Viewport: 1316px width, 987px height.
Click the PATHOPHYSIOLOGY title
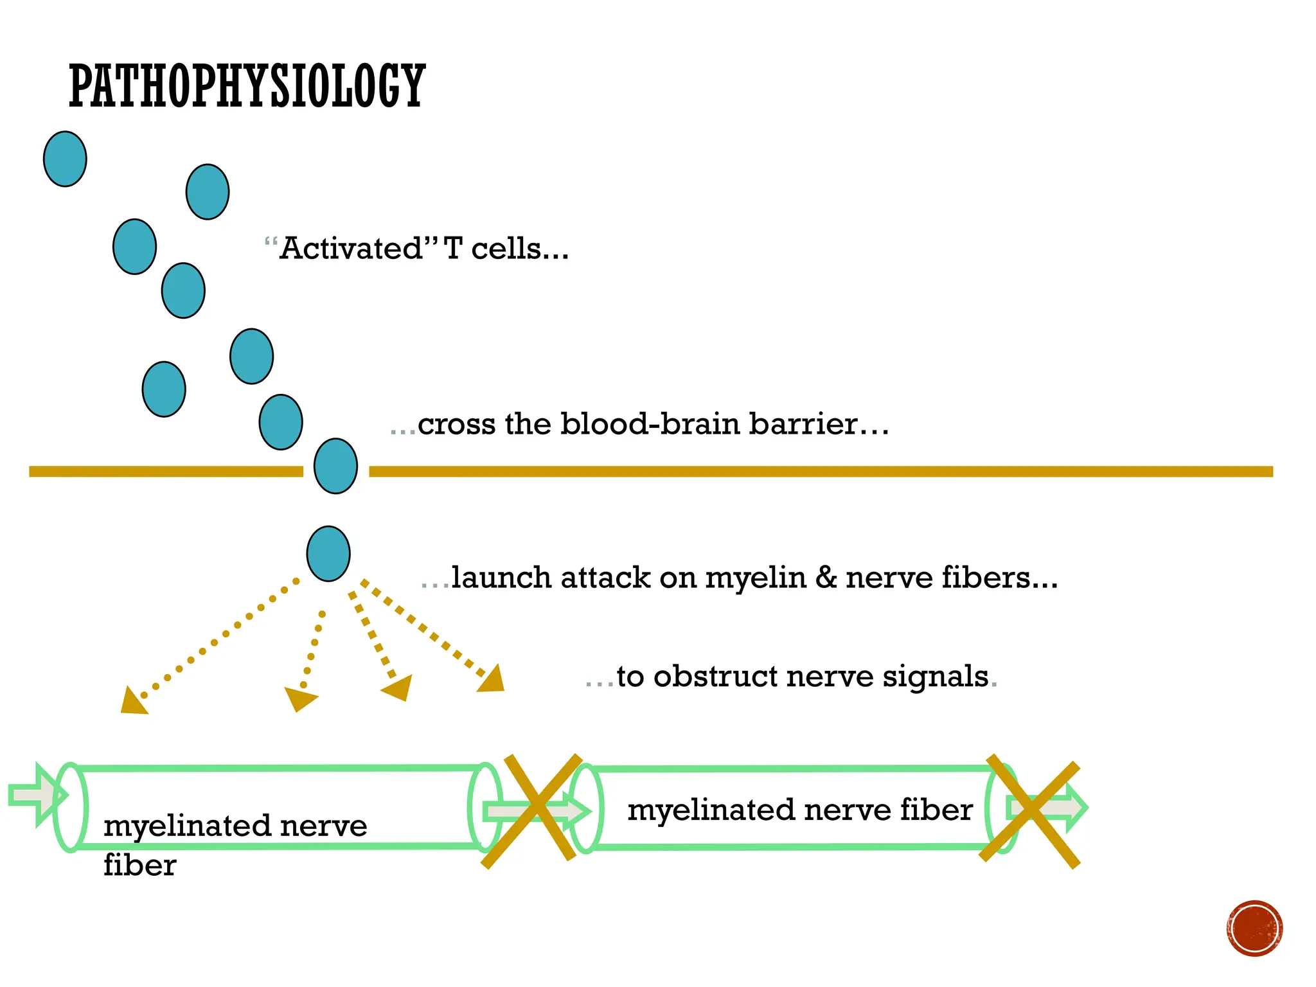click(247, 86)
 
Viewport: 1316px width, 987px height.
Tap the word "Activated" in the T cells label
click(351, 249)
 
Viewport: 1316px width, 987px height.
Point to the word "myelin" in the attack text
click(755, 578)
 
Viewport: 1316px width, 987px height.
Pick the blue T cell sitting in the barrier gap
click(335, 466)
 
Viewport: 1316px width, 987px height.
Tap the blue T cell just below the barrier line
click(328, 553)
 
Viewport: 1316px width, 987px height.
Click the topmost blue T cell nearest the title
click(65, 159)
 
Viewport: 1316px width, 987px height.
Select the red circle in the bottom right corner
click(1254, 928)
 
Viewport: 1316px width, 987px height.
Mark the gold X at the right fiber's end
click(1030, 811)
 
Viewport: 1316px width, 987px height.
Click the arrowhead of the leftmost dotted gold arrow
click(133, 702)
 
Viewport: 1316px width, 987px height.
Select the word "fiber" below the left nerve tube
click(139, 865)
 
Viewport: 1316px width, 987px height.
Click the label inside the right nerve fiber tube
click(799, 810)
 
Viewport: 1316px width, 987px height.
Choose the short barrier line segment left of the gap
click(166, 472)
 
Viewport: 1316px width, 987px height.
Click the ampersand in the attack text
click(826, 578)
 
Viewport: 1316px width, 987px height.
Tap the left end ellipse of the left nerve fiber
click(70, 807)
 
